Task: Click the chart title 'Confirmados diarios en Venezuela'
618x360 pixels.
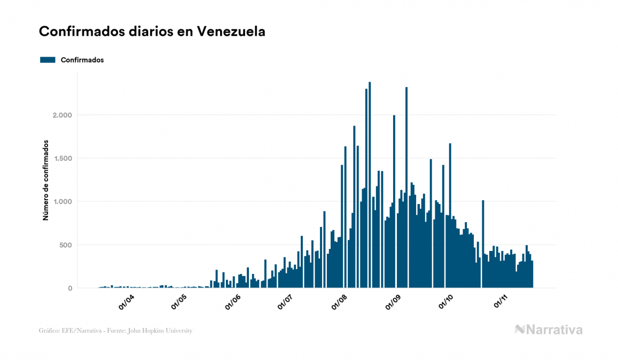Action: point(152,32)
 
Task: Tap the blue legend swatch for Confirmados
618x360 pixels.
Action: point(48,60)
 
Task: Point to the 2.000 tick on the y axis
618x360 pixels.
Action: point(62,115)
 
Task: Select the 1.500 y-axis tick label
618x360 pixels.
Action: point(62,159)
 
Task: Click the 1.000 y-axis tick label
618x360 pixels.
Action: point(62,202)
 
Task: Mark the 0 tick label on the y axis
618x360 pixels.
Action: point(70,288)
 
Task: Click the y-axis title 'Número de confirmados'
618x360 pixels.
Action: point(46,181)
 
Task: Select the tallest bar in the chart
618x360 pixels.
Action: point(370,187)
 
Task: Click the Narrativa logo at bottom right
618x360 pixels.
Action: point(549,330)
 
